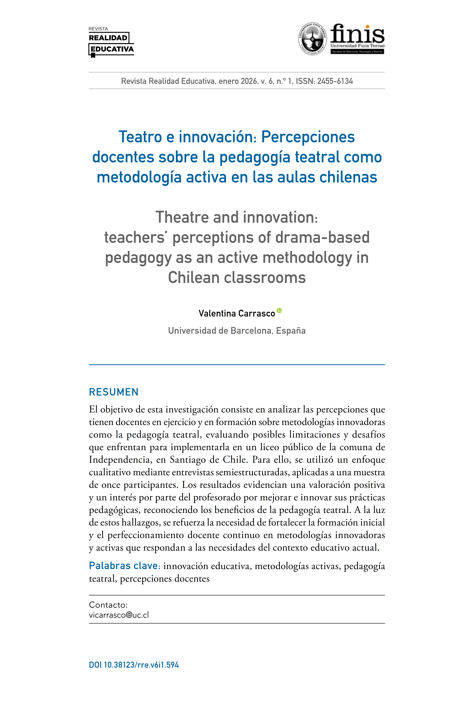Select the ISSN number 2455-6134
tap(335, 81)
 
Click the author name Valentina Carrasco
tap(237, 313)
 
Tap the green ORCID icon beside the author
tap(279, 310)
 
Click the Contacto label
tap(108, 605)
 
